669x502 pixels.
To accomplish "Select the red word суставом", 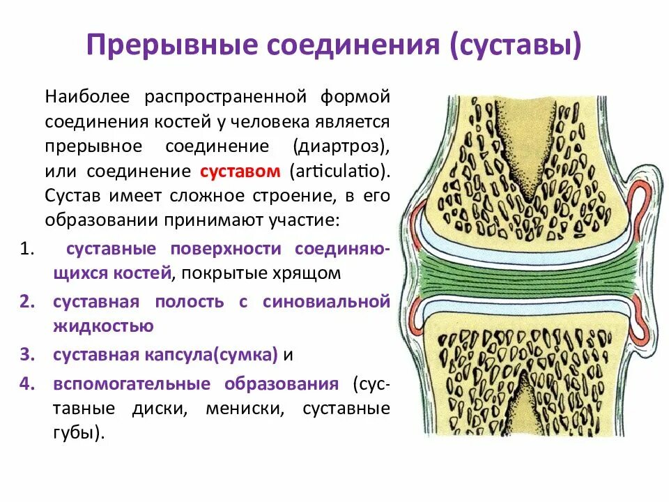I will point(240,172).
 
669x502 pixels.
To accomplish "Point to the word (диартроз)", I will point(340,147).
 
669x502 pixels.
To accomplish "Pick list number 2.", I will point(26,302).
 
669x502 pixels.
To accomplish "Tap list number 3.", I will point(26,355).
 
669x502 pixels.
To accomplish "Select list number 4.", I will point(26,384).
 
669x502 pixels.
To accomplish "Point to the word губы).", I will point(78,432).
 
